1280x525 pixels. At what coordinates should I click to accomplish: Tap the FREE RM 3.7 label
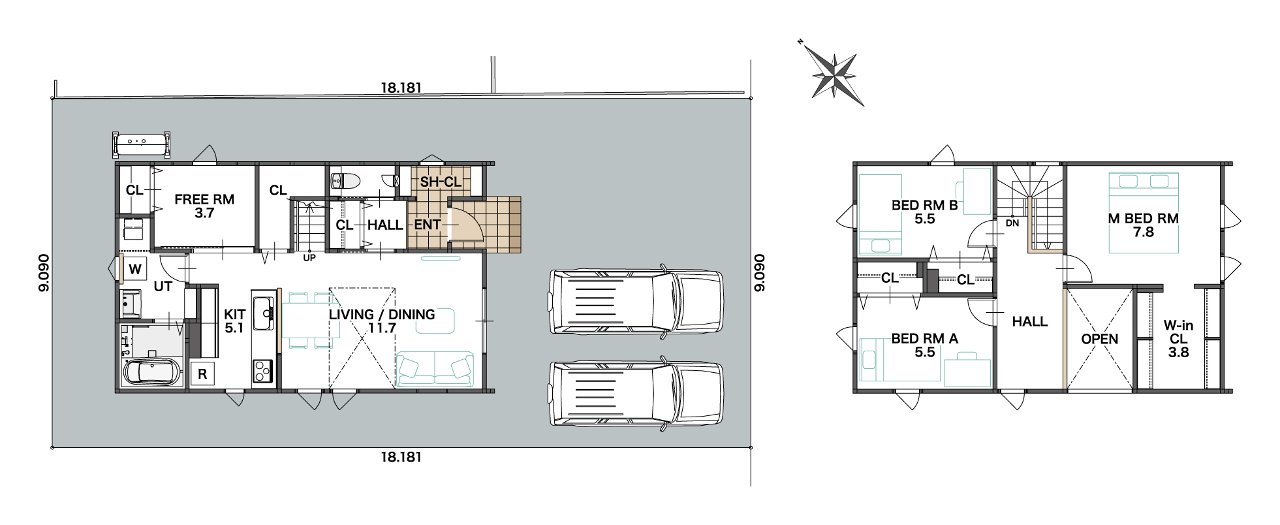point(204,206)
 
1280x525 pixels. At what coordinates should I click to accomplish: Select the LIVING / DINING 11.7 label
point(382,321)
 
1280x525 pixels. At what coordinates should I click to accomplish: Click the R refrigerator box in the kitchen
point(202,374)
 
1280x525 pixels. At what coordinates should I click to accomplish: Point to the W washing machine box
point(135,269)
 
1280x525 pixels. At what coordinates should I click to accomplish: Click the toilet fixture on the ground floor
point(346,180)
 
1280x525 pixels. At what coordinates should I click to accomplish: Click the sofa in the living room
point(435,369)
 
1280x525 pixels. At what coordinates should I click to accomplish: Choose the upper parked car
point(636,302)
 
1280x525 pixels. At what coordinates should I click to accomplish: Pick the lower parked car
point(636,394)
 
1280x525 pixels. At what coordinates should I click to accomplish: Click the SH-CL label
point(441,182)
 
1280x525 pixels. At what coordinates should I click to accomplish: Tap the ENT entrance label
point(428,225)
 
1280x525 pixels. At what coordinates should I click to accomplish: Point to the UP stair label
point(309,258)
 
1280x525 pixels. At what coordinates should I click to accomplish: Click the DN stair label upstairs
point(1012,223)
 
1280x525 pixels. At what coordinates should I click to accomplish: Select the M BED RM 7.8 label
point(1144,225)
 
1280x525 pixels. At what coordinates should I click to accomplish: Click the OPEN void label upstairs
point(1100,339)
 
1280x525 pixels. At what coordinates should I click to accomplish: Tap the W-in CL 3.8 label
point(1179,339)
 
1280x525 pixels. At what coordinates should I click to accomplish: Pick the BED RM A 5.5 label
point(925,345)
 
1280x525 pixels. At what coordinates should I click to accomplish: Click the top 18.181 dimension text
point(401,87)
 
